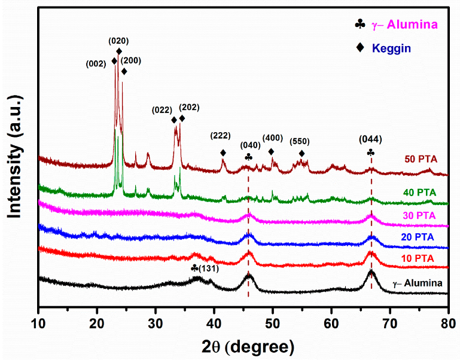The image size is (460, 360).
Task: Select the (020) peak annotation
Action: pyautogui.click(x=118, y=41)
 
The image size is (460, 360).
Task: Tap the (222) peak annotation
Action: pyautogui.click(x=221, y=135)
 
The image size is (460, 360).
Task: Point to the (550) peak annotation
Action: pyautogui.click(x=300, y=142)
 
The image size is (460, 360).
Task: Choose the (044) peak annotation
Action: pyautogui.click(x=370, y=139)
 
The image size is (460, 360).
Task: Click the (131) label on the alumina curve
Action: pyautogui.click(x=209, y=269)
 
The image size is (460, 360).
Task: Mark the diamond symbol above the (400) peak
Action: pyautogui.click(x=272, y=152)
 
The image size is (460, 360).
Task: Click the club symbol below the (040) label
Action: pyautogui.click(x=248, y=157)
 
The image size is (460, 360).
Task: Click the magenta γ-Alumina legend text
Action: pyautogui.click(x=405, y=25)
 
